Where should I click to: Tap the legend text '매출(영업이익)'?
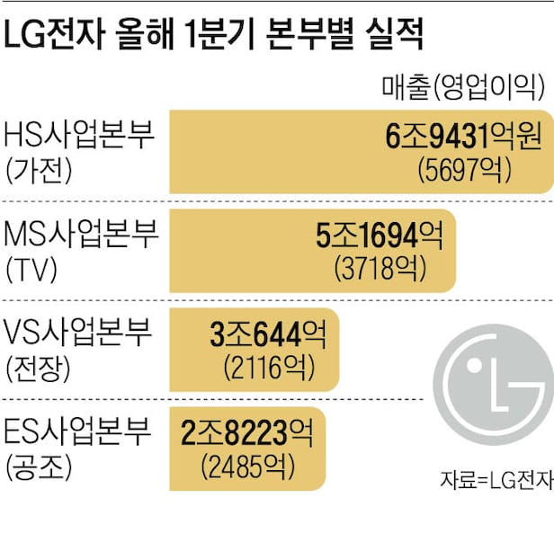[464, 86]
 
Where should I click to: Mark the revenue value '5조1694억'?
[379, 236]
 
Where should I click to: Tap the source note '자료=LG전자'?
[496, 481]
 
